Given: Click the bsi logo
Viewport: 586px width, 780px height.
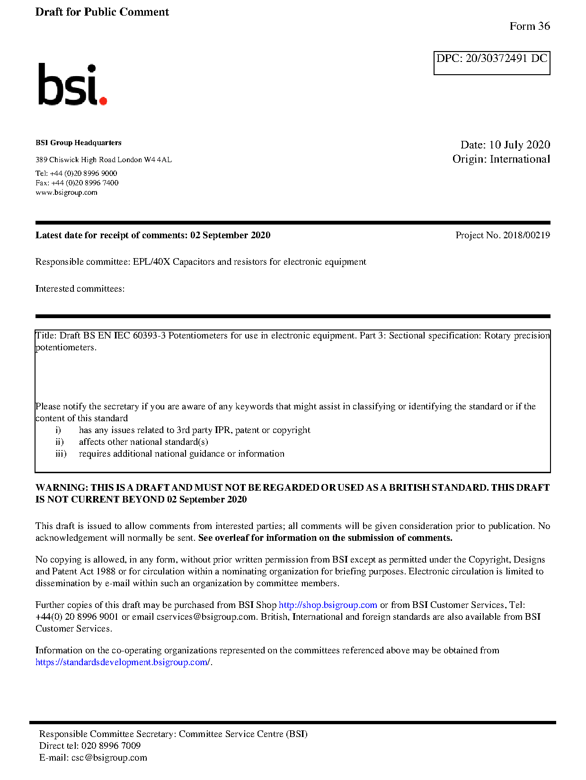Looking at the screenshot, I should pos(72,85).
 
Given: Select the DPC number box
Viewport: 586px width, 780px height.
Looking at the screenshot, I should pos(491,63).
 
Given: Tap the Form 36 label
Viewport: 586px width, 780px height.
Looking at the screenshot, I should pos(529,26).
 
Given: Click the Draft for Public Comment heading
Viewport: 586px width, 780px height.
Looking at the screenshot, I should pos(102,12).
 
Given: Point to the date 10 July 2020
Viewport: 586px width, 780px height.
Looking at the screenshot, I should pos(519,145).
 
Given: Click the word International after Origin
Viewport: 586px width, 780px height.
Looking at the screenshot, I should pos(520,159).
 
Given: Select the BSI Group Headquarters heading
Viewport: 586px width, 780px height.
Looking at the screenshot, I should pos(78,143).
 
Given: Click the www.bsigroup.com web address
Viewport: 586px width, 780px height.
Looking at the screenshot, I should pos(66,192).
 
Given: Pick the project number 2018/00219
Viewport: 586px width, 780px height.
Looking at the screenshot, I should pos(526,235).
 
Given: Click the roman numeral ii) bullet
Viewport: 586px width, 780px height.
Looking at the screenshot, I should pos(60,442).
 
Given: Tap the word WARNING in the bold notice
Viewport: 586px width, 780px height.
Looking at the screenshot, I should pos(62,488).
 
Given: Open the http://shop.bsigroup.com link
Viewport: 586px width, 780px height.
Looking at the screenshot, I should pos(328,605).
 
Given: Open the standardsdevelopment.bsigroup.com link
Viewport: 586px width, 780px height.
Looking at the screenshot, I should pos(123,662).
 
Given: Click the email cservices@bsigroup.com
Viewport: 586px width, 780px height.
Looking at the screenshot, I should pos(206,617).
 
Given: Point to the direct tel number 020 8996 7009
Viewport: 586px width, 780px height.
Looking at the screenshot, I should pos(111,746).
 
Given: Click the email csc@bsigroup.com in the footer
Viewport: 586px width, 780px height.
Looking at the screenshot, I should pos(109,758).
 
